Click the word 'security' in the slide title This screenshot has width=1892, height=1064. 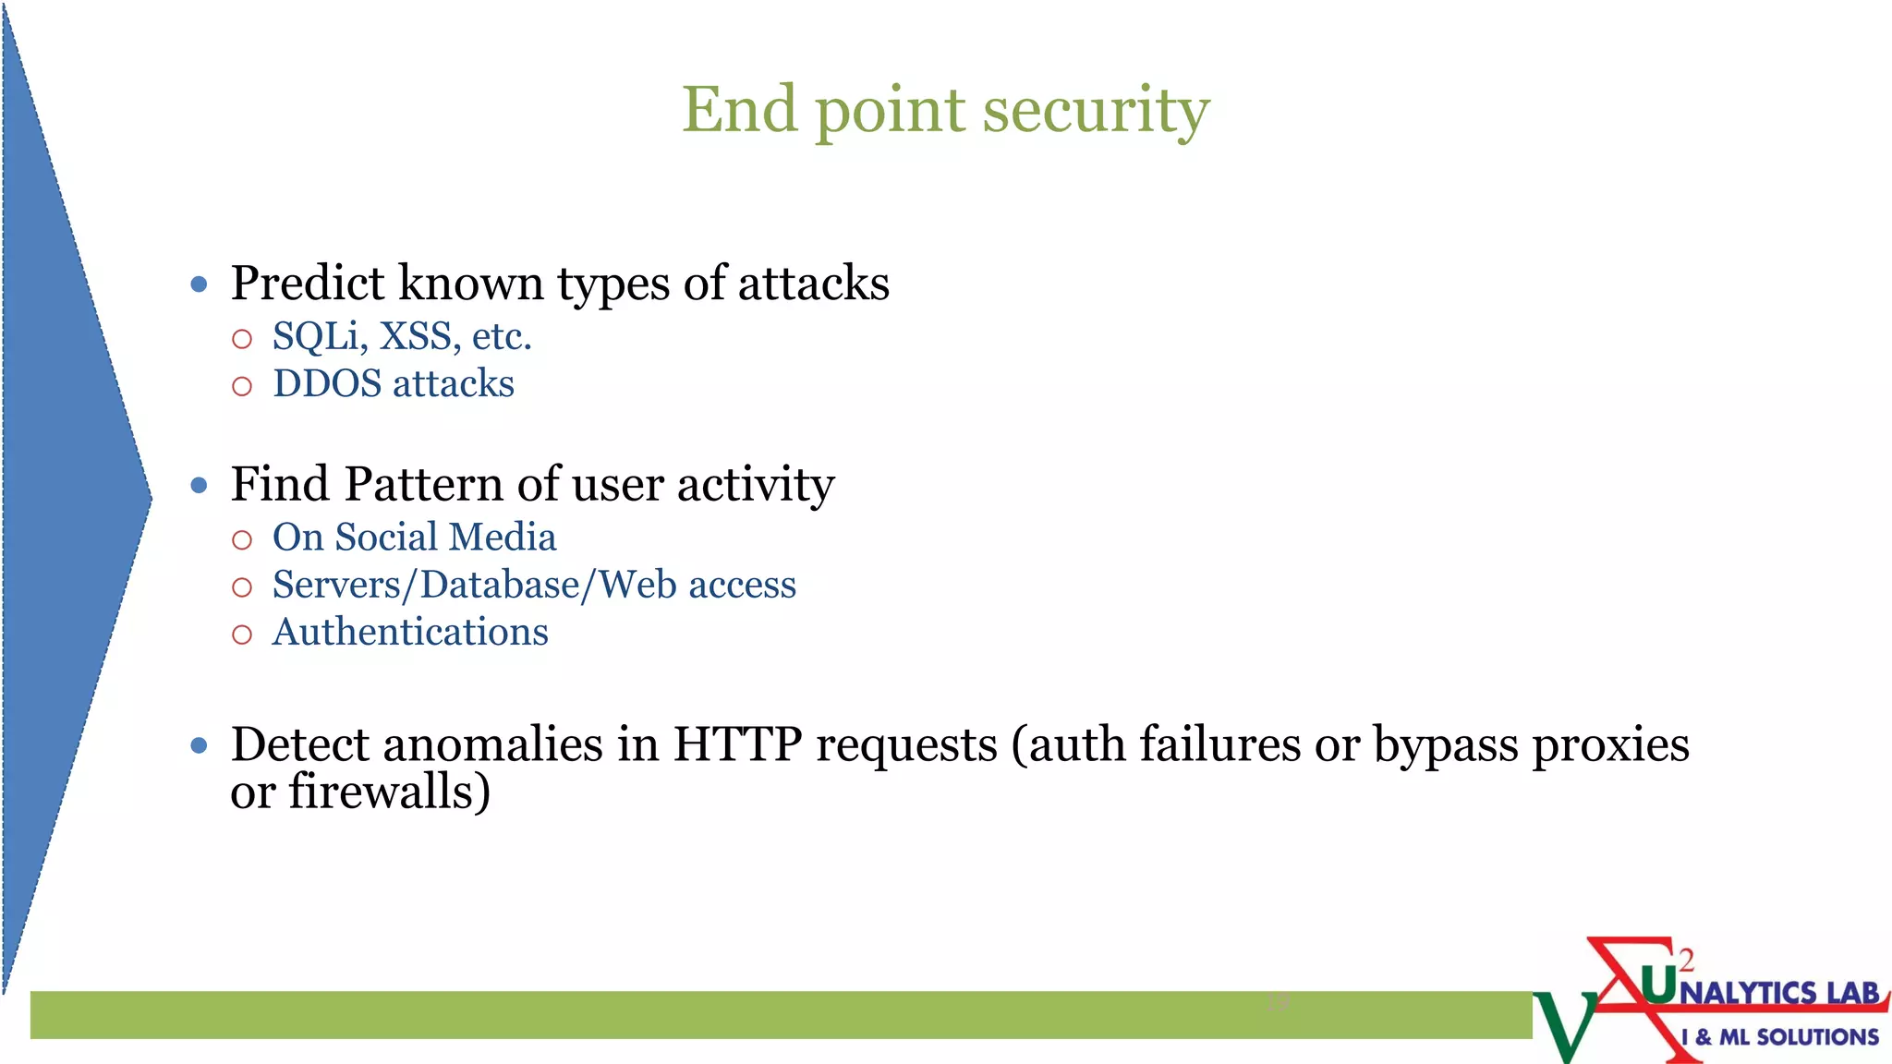(x=1096, y=111)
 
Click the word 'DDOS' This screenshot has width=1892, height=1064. (x=327, y=384)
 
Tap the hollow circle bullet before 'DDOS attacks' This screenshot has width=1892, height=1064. (x=242, y=386)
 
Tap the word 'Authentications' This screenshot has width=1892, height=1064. (x=410, y=633)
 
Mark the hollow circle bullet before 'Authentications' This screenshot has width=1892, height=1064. (x=242, y=635)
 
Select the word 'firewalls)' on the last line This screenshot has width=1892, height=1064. (x=389, y=792)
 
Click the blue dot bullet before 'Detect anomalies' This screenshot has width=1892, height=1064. (x=199, y=745)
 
